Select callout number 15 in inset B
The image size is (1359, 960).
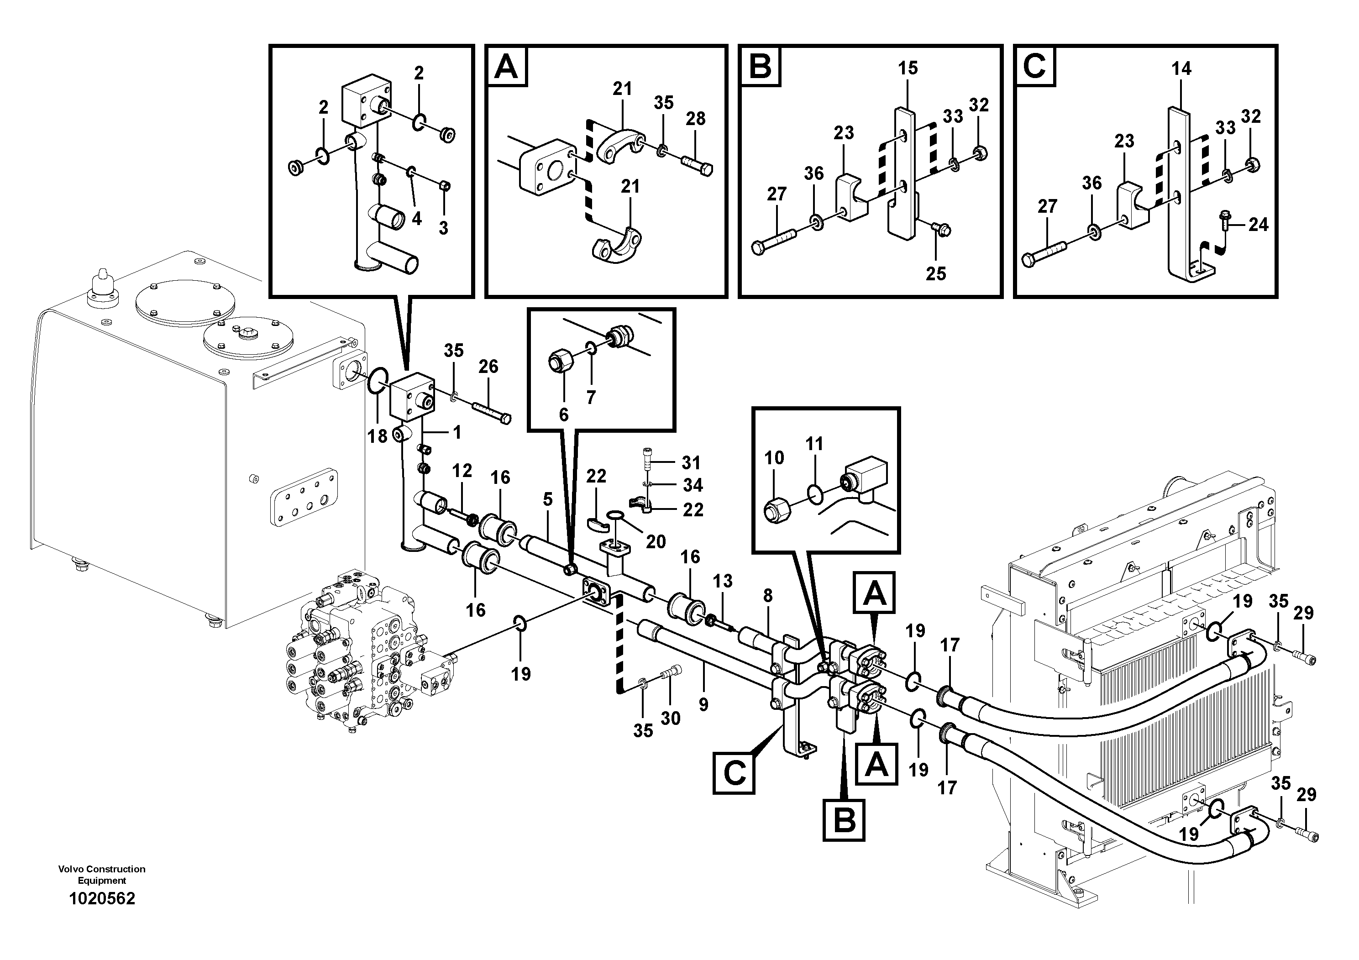pyautogui.click(x=908, y=68)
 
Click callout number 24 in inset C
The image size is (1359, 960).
pyautogui.click(x=1259, y=225)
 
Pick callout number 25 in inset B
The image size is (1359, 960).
pyautogui.click(x=936, y=273)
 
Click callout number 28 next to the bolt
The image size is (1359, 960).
pyautogui.click(x=696, y=119)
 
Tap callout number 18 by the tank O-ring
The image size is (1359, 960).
pyautogui.click(x=377, y=436)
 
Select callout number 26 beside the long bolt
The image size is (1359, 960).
pyautogui.click(x=488, y=367)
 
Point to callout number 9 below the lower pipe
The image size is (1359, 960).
pyautogui.click(x=703, y=704)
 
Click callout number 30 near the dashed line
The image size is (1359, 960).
pyautogui.click(x=671, y=719)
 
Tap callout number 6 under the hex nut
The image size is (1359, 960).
pyautogui.click(x=563, y=415)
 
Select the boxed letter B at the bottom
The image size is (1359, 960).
pyautogui.click(x=844, y=820)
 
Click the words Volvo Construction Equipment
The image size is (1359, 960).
pyautogui.click(x=102, y=874)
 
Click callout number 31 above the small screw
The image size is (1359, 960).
pyautogui.click(x=691, y=462)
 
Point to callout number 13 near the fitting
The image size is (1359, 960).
pyautogui.click(x=722, y=581)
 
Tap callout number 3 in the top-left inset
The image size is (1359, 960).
pyautogui.click(x=443, y=228)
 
